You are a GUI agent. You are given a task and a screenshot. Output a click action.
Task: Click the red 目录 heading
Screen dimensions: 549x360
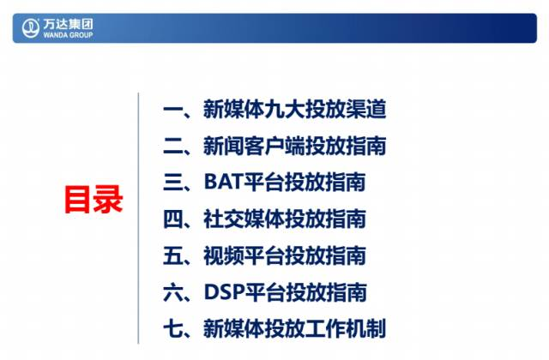tap(94, 200)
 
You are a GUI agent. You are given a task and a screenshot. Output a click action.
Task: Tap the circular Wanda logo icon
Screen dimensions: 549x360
tap(31, 28)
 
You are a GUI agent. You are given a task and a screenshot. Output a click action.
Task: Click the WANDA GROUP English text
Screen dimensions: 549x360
tap(68, 34)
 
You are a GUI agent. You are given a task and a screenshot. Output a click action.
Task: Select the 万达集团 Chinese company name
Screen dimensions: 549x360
tap(68, 24)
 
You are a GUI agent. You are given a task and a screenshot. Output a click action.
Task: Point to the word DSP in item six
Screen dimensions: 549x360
tap(224, 291)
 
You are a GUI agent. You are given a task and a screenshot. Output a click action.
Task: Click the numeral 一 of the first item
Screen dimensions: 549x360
tap(172, 109)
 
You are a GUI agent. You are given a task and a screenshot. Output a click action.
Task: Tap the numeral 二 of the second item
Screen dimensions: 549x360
tap(172, 146)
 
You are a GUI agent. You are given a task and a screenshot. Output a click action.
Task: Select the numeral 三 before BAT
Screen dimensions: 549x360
tap(172, 182)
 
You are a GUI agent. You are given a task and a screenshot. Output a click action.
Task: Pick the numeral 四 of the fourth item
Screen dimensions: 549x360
tap(172, 219)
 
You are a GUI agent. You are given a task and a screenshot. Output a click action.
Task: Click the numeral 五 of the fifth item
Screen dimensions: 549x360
tap(172, 255)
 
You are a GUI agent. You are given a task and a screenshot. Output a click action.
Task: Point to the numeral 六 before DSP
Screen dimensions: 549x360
tap(172, 291)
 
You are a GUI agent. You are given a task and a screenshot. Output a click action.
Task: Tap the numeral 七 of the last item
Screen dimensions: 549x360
tap(172, 328)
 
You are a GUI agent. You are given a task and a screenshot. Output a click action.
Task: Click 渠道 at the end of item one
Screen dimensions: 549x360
tap(366, 109)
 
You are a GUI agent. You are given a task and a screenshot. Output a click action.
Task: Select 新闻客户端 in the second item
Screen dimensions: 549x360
tap(254, 146)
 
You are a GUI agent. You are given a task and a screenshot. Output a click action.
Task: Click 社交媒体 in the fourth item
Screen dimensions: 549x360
tap(244, 219)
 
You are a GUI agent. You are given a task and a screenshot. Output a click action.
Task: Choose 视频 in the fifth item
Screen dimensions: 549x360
tap(223, 255)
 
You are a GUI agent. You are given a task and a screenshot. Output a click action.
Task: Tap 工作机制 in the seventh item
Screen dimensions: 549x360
tap(346, 328)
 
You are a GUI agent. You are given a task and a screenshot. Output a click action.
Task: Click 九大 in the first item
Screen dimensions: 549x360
tap(285, 109)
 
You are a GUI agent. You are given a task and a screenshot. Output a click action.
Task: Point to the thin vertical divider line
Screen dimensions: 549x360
tap(138, 219)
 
